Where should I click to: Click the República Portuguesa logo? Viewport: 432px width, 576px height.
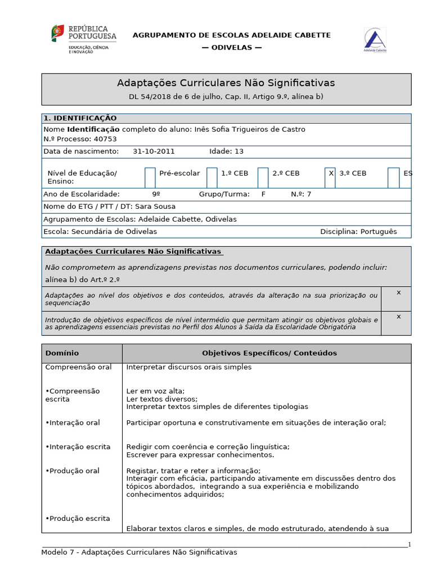tap(84, 38)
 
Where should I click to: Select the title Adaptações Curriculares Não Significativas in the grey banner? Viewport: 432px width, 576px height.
tap(226, 83)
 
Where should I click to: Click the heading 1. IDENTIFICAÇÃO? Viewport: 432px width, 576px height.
tap(80, 118)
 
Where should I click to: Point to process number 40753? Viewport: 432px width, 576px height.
tap(105, 139)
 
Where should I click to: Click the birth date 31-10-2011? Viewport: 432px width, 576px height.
tap(154, 151)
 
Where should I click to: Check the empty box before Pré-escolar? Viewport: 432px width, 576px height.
tap(150, 177)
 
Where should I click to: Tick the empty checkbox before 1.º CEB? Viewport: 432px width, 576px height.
tap(211, 177)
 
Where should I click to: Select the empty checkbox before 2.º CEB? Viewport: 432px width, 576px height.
tap(263, 177)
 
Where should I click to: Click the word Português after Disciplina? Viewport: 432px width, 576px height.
tap(379, 232)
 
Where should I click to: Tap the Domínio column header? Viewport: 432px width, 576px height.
tap(62, 353)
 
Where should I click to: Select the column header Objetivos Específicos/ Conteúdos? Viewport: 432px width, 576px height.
tap(269, 353)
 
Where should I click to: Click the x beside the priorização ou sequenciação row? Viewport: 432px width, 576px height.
tap(398, 292)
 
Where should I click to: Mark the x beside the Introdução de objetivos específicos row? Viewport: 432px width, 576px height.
tap(398, 316)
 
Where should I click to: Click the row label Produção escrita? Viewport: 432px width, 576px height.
tap(79, 519)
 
